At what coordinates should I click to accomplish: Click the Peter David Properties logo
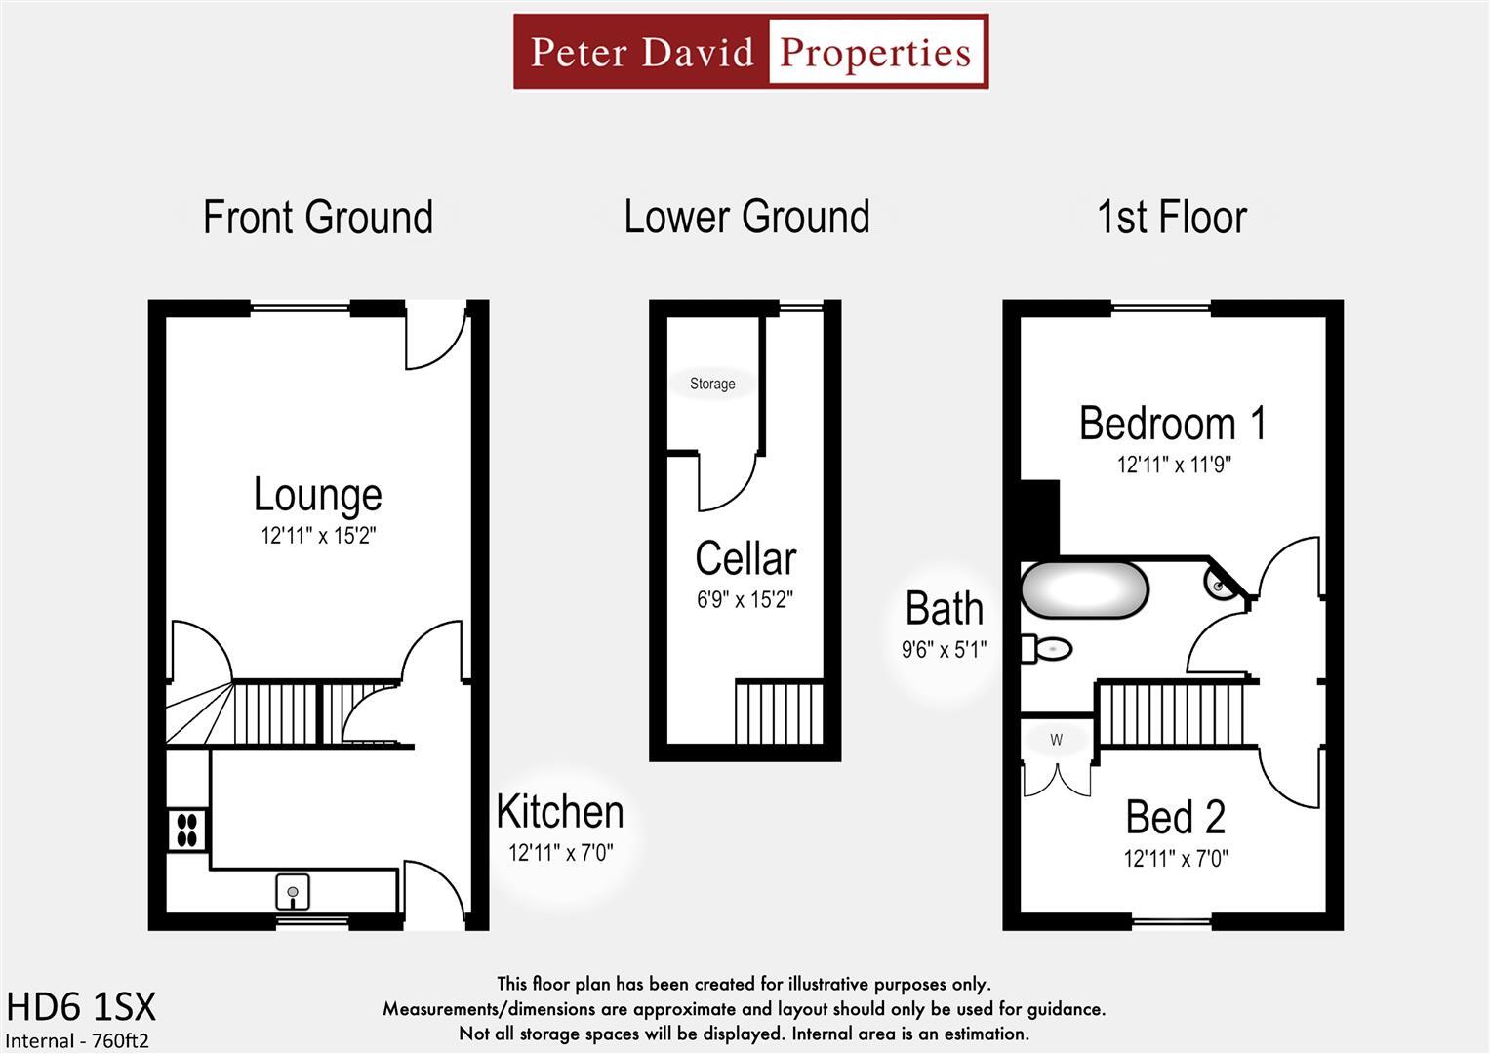750,52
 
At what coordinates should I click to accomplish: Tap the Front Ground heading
317,217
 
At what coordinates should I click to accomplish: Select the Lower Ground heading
746,217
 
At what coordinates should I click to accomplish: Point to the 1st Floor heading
1172,217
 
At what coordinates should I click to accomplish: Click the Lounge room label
317,494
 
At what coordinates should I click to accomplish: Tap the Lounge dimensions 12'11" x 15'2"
317,536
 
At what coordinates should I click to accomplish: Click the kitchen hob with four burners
187,830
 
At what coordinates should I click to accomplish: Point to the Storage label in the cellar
712,384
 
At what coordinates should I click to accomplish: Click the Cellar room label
745,558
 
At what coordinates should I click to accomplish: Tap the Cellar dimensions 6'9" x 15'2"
745,600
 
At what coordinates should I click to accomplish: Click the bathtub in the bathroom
1084,589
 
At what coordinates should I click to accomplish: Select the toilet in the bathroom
1048,648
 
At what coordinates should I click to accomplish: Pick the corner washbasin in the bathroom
1220,584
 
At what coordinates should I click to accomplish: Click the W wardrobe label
1056,740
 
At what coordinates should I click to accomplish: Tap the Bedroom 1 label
1173,424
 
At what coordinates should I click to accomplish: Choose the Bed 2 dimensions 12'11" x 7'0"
1175,859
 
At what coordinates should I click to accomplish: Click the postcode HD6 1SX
81,1006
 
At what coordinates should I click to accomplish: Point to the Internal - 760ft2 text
77,1040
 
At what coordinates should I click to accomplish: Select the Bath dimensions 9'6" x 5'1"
944,649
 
